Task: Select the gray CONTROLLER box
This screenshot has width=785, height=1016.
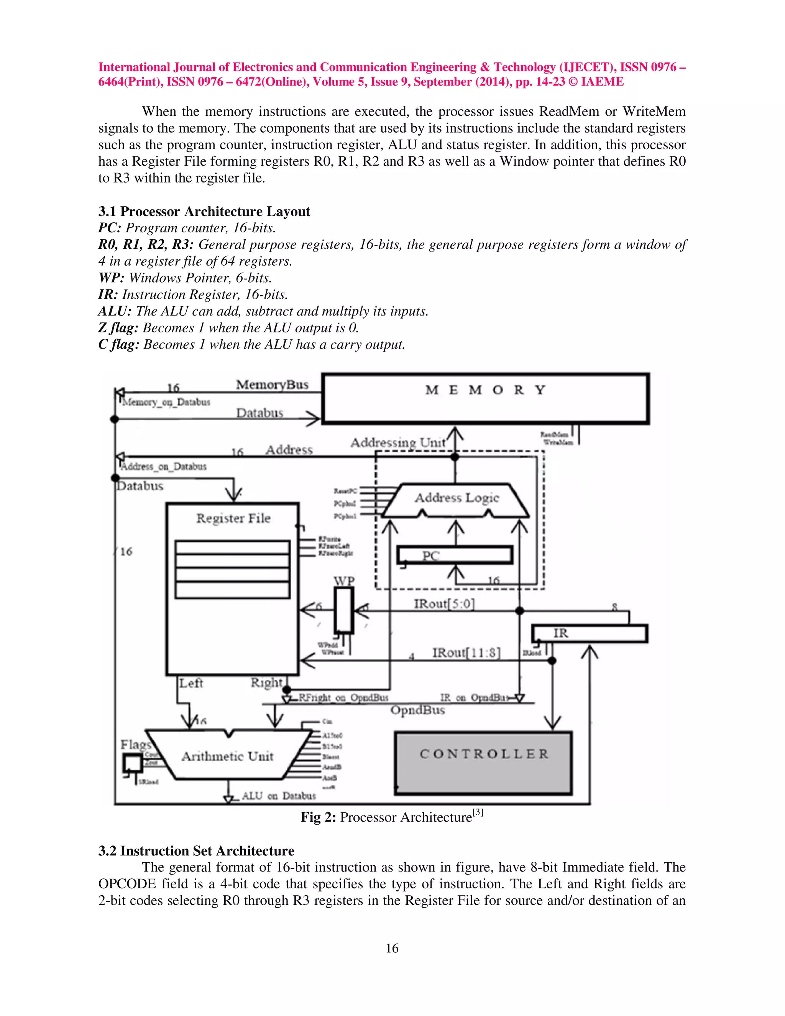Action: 483,763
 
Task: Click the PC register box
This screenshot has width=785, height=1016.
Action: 455,555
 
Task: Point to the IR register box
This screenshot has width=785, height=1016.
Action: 589,634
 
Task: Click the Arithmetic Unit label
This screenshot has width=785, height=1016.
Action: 227,756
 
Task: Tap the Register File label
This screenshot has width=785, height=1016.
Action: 233,518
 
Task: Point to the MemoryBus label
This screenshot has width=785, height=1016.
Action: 272,385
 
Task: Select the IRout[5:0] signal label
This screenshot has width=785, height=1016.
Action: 444,604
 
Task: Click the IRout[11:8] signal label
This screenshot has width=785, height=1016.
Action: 466,653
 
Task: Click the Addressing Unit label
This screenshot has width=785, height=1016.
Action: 397,442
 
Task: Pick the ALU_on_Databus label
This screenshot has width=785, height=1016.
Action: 278,796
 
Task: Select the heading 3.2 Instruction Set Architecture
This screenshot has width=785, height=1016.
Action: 196,851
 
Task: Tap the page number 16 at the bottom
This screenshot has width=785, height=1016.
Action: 392,948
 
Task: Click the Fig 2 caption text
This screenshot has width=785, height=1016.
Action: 392,817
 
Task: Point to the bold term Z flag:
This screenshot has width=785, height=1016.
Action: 118,328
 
